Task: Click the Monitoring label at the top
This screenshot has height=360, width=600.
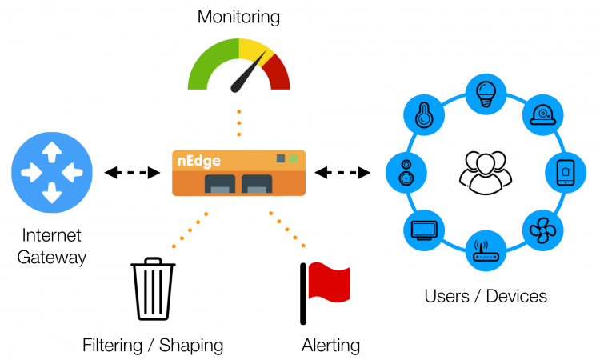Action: click(238, 16)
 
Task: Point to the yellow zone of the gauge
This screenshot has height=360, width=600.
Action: click(255, 50)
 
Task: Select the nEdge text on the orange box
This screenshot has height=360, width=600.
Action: click(198, 161)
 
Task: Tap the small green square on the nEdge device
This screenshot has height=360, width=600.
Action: click(293, 158)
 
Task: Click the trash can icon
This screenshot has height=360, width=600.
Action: click(153, 289)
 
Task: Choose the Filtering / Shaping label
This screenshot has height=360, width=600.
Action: click(153, 346)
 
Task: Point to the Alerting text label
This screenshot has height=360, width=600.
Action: click(330, 346)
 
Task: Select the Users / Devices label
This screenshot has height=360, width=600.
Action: click(486, 296)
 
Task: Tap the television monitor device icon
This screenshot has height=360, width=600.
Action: click(423, 230)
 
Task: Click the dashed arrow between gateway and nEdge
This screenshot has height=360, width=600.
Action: click(132, 172)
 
